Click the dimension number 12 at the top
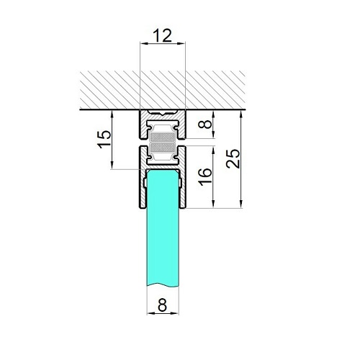163,35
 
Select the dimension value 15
104,140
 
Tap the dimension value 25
233,158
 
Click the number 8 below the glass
163,305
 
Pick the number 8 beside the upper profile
205,125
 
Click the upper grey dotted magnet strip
163,138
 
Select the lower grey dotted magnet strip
163,148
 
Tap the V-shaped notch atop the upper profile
163,113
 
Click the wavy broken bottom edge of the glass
163,285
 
